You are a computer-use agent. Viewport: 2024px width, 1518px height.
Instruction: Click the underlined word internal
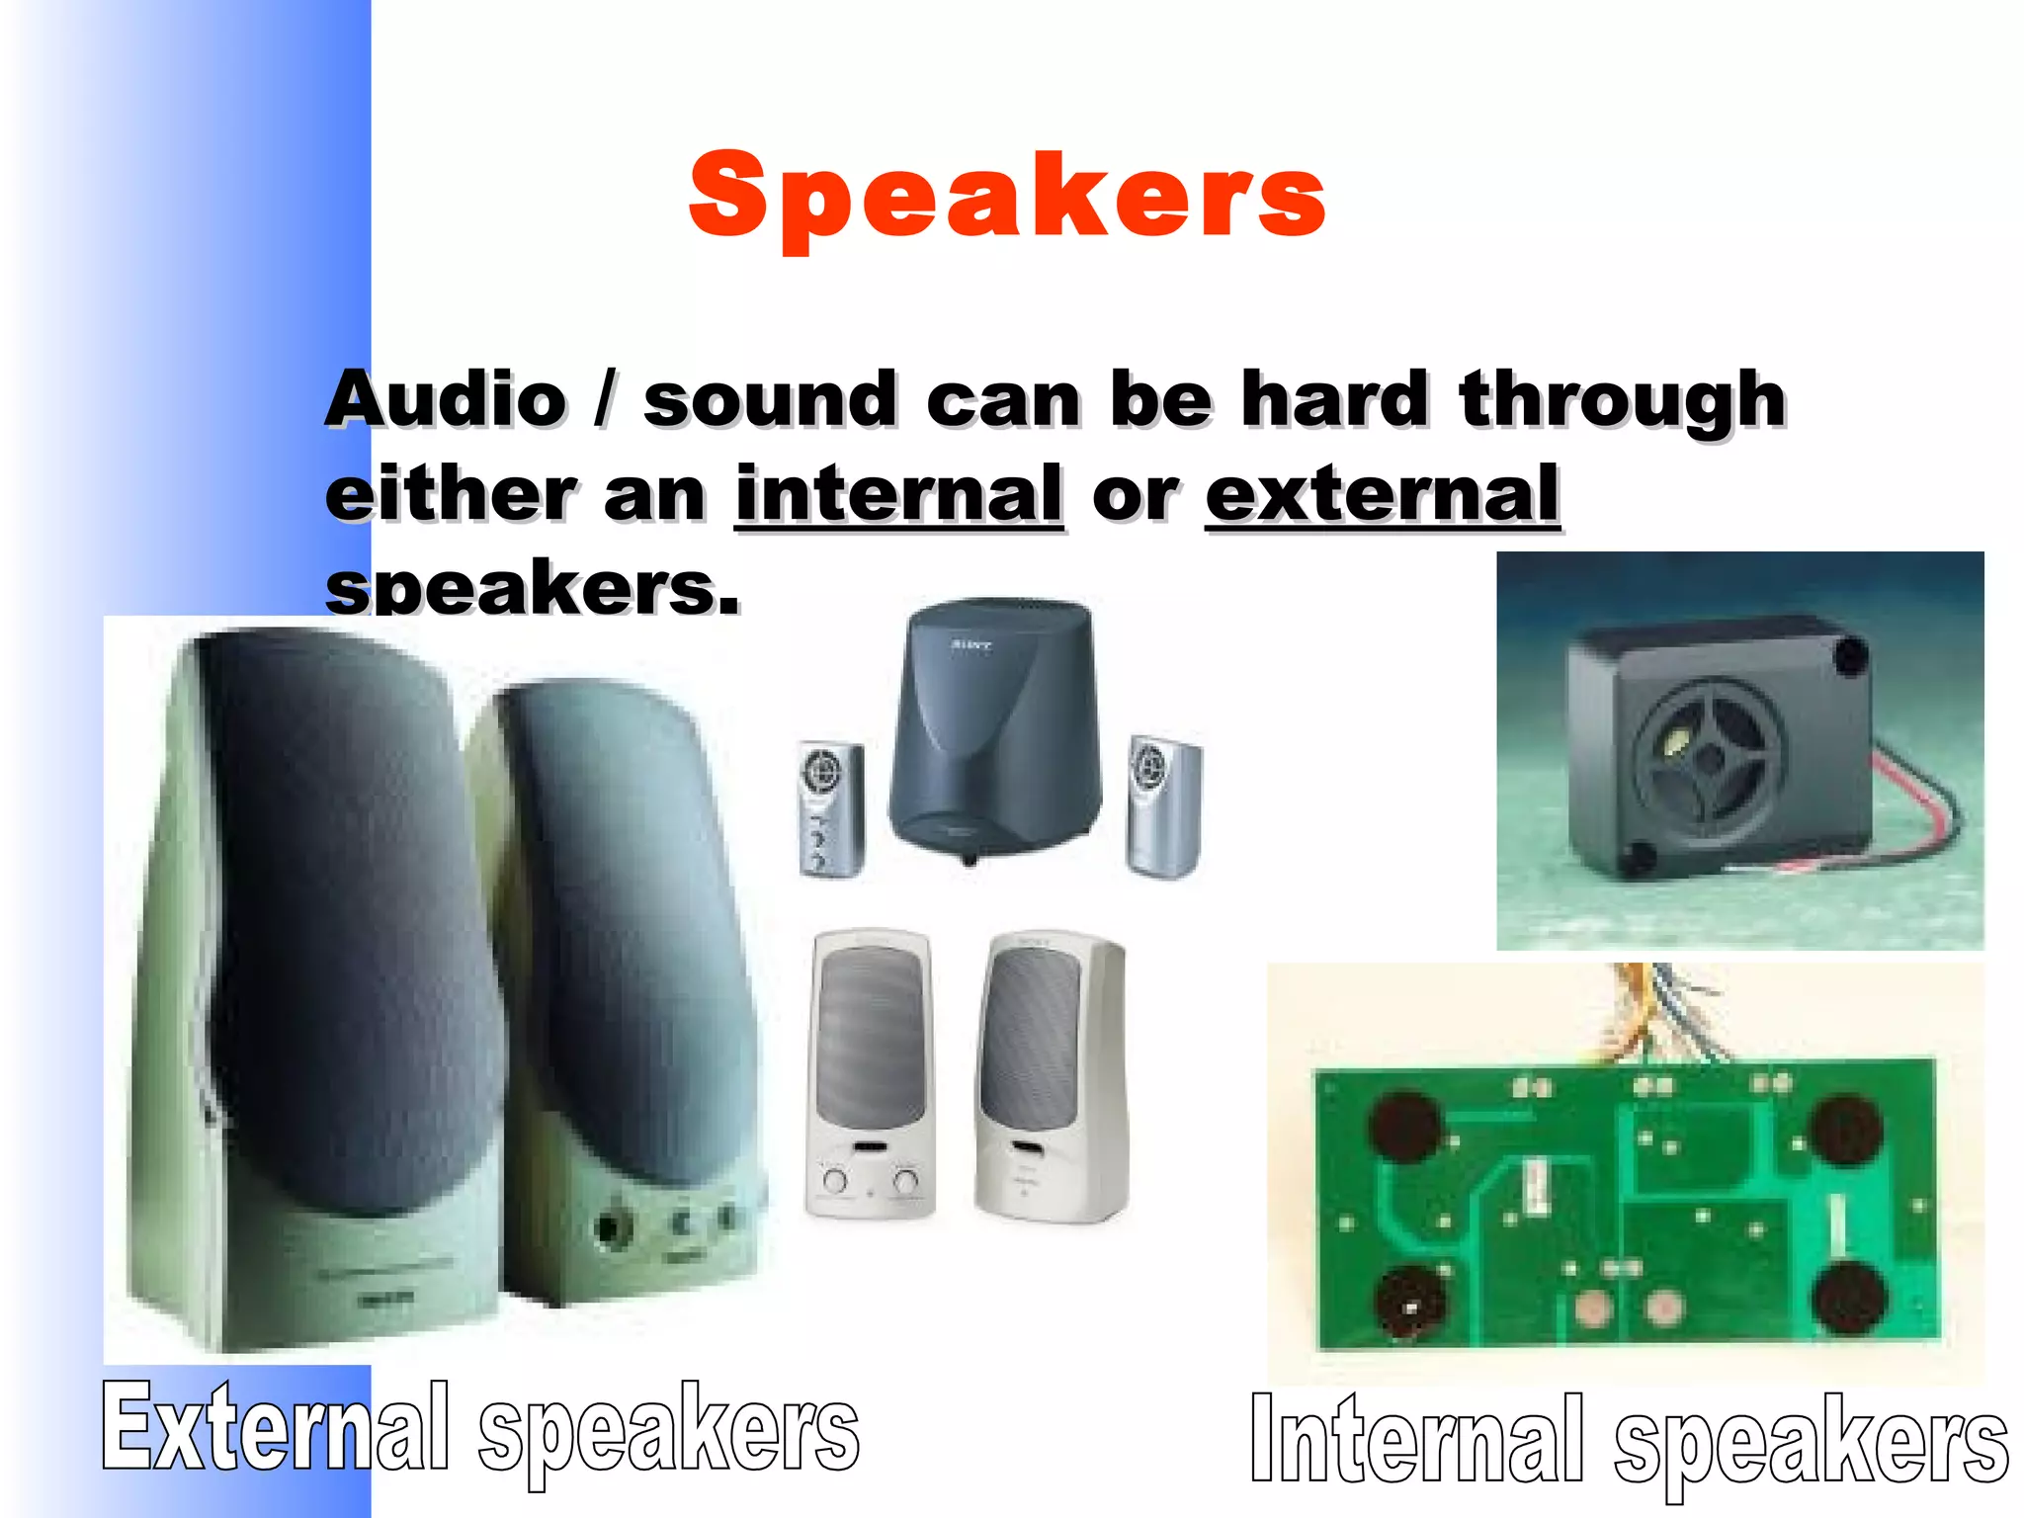point(898,494)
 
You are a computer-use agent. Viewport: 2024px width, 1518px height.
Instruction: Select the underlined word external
point(1382,494)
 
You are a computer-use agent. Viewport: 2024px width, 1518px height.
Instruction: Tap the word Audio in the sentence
point(447,400)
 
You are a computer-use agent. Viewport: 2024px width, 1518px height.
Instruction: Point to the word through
point(1622,400)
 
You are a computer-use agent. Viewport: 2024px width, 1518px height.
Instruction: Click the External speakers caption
point(480,1428)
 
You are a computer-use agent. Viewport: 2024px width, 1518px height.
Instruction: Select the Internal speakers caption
point(1628,1440)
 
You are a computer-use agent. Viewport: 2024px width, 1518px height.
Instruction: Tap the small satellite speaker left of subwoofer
point(830,808)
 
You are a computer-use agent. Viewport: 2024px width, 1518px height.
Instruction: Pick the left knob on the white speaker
point(835,1180)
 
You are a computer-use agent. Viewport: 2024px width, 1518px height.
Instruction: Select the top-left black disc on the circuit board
point(1404,1127)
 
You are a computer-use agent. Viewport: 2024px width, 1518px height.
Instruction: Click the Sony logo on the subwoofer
point(970,645)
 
